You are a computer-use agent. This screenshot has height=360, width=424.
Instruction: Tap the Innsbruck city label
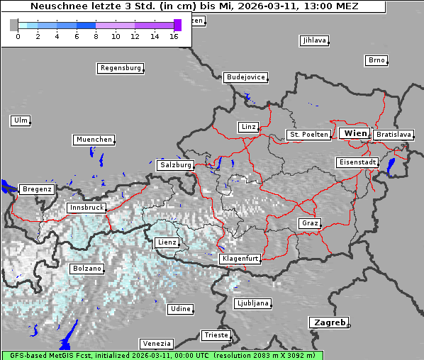pos(87,208)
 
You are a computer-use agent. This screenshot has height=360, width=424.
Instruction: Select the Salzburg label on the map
pos(176,164)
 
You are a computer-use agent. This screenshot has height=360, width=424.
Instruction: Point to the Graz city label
pos(310,223)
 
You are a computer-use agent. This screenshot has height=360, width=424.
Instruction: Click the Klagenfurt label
pos(240,259)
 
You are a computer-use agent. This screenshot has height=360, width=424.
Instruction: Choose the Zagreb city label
pos(328,322)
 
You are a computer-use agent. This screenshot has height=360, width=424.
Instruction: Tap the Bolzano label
pos(87,269)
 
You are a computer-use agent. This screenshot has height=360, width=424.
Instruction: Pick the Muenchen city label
pos(94,140)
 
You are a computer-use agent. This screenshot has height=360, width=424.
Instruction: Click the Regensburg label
pos(120,68)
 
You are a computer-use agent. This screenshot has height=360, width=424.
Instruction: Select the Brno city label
pos(376,60)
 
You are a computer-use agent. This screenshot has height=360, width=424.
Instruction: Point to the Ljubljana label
pos(252,303)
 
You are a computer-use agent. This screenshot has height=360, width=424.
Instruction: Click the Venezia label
pos(155,344)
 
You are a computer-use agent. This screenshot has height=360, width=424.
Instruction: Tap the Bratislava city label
pos(394,134)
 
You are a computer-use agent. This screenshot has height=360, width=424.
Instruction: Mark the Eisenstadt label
pos(356,162)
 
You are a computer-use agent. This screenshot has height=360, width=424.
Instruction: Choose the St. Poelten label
pos(308,134)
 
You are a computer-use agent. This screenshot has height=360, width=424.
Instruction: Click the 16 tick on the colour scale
pos(174,35)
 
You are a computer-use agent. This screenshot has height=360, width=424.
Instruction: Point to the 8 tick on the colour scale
pos(96,35)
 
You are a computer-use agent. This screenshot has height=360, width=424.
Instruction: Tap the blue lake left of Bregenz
pos(7,187)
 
